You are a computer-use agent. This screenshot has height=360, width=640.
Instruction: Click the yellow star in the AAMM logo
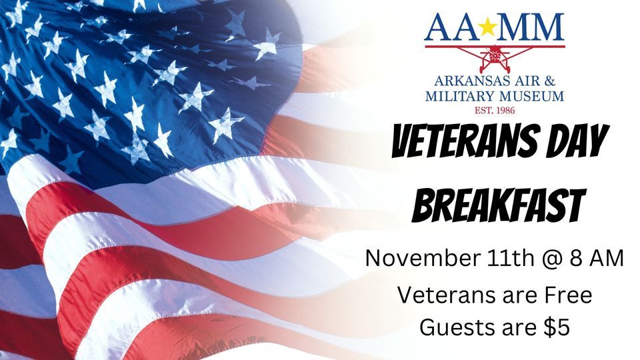pyautogui.click(x=494, y=27)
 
